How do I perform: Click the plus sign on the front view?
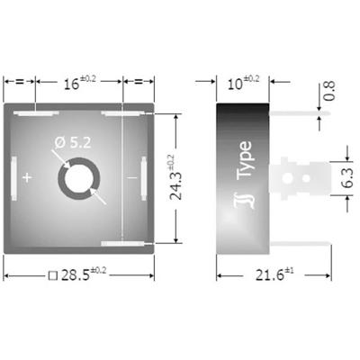click(28, 178)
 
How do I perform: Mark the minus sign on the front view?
click(133, 178)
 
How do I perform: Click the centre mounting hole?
click(78, 177)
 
